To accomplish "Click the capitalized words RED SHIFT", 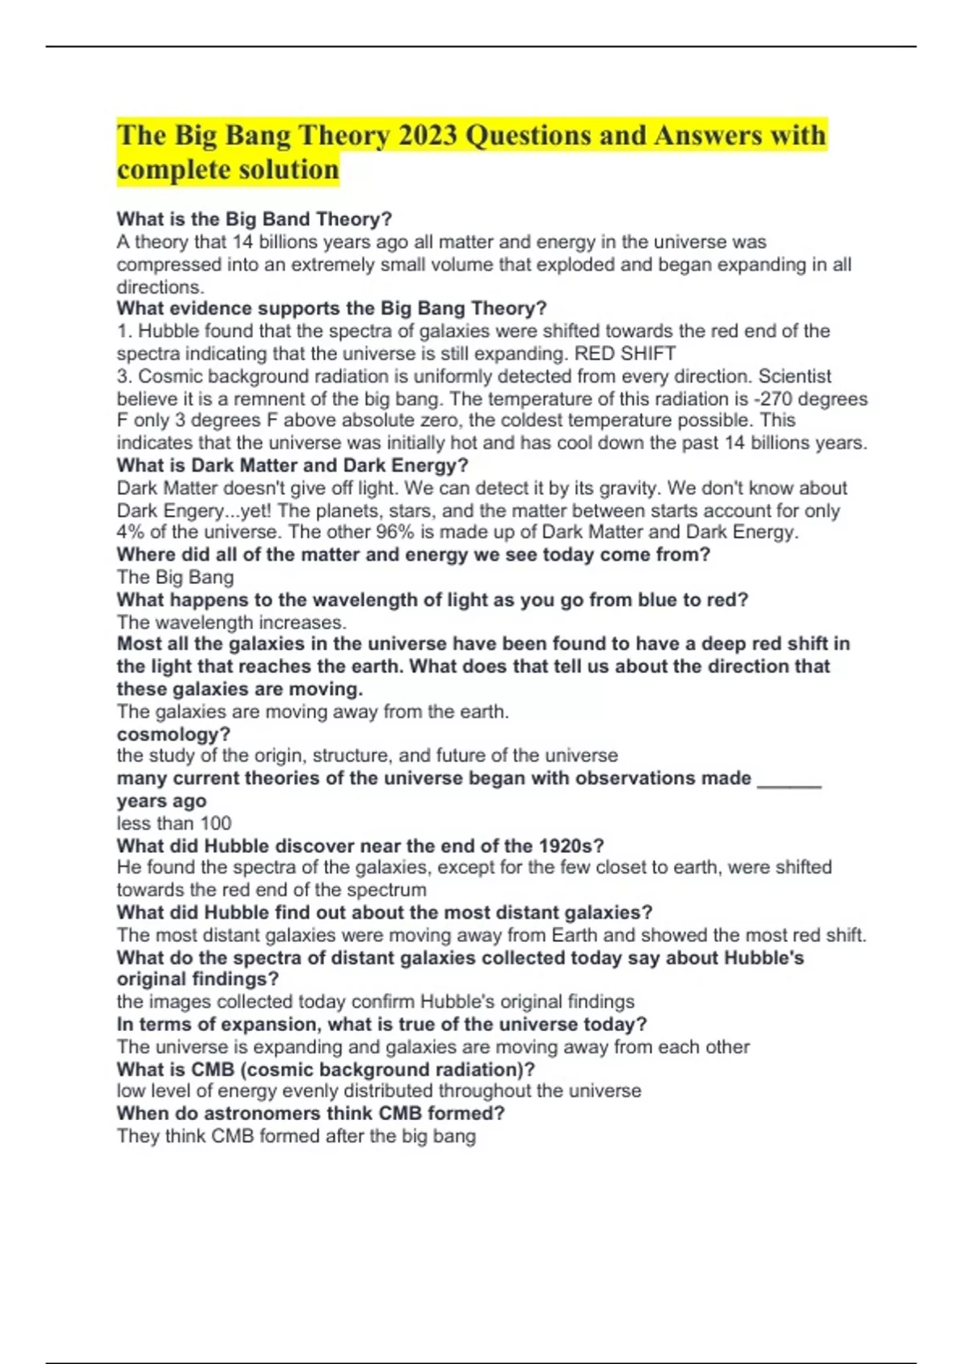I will point(625,354).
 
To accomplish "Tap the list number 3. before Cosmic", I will point(124,376).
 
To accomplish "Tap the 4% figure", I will point(128,532).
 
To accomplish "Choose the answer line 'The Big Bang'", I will point(175,577).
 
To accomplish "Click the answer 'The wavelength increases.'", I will point(232,622).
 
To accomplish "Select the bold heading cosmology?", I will point(173,734).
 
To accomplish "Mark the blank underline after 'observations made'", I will point(789,780).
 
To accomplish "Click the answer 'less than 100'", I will point(173,823).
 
